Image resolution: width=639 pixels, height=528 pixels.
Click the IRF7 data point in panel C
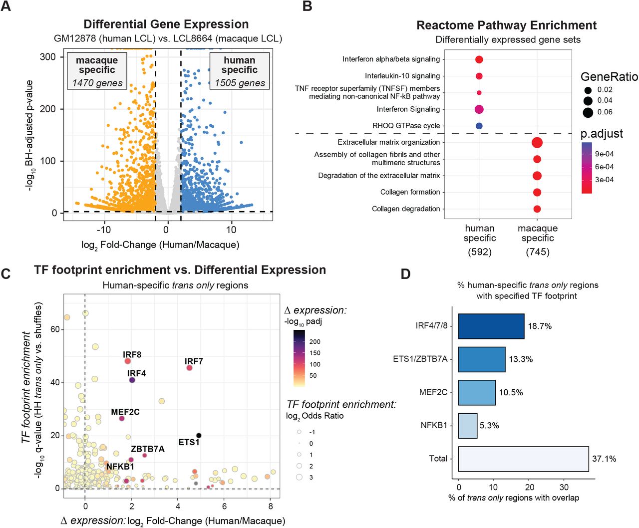tap(189, 368)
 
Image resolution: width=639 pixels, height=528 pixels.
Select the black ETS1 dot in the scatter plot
tap(199, 436)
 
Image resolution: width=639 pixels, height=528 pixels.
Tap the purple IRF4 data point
tap(132, 380)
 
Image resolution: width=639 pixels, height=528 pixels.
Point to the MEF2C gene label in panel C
tap(125, 412)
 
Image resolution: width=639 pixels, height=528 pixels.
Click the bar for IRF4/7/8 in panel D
tap(491, 326)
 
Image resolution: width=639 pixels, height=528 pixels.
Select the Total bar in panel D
tap(523, 459)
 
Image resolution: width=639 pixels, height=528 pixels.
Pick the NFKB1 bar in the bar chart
tap(468, 426)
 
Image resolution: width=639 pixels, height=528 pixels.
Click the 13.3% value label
tap(521, 359)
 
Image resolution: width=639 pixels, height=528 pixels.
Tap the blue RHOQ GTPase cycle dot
tap(479, 126)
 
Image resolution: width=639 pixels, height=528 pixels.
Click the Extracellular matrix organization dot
tap(537, 143)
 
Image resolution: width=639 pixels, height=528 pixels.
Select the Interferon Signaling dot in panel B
tap(479, 109)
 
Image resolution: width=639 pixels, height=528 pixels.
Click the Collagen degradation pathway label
tap(406, 209)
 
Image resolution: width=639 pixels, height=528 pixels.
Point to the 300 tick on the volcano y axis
tap(48, 57)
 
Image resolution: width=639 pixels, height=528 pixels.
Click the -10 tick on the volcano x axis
tap(103, 230)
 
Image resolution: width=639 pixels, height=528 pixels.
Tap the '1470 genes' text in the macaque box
tap(97, 83)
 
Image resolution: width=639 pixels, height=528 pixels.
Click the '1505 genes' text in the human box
tap(240, 83)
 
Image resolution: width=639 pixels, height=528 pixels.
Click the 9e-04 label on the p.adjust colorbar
tap(604, 154)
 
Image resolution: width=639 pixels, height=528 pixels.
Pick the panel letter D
tap(405, 274)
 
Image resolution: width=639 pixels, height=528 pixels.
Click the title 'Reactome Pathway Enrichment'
tap(506, 26)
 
